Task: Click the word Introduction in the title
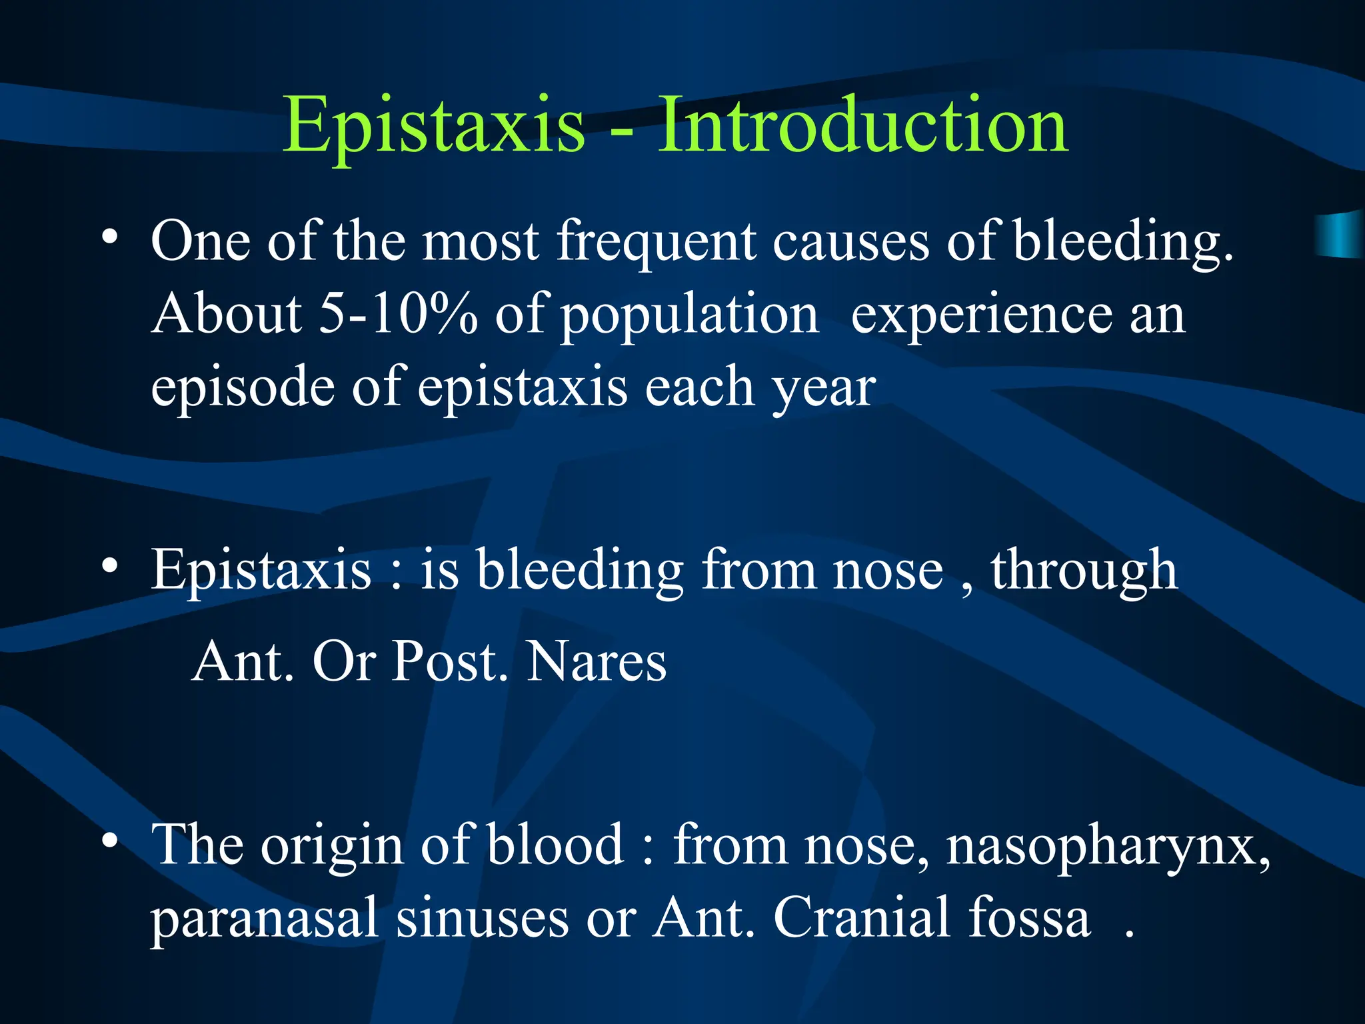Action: [x=863, y=125]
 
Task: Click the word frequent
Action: [x=657, y=241]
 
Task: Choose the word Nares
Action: [x=597, y=661]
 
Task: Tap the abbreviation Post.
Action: [x=445, y=661]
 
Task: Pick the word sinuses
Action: [x=483, y=919]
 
